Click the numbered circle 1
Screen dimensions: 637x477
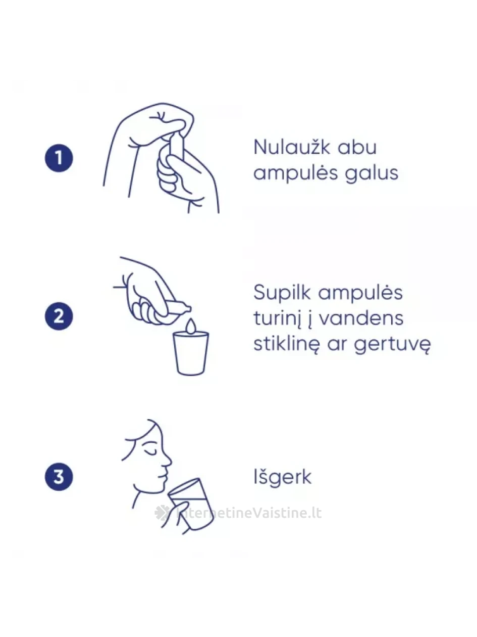tap(59, 158)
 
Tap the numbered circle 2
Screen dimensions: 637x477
tap(59, 316)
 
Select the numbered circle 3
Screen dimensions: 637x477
tap(59, 477)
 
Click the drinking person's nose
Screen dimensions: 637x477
tap(167, 461)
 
